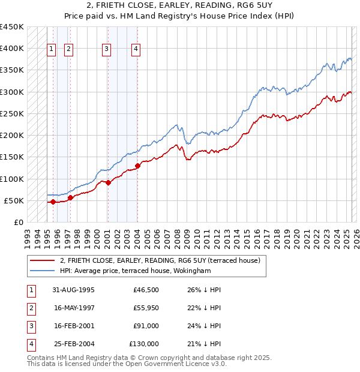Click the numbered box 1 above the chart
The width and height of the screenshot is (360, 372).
click(52, 49)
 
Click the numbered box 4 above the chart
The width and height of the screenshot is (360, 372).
click(137, 49)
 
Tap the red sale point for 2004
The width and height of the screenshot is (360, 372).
click(137, 166)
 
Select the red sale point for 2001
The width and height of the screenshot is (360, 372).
click(108, 182)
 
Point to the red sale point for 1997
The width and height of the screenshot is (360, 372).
click(70, 197)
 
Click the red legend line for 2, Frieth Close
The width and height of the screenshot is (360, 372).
click(41, 260)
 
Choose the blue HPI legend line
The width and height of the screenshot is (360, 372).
click(41, 271)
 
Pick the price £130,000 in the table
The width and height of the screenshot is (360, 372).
click(144, 344)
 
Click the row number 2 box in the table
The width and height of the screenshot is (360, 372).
click(30, 308)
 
